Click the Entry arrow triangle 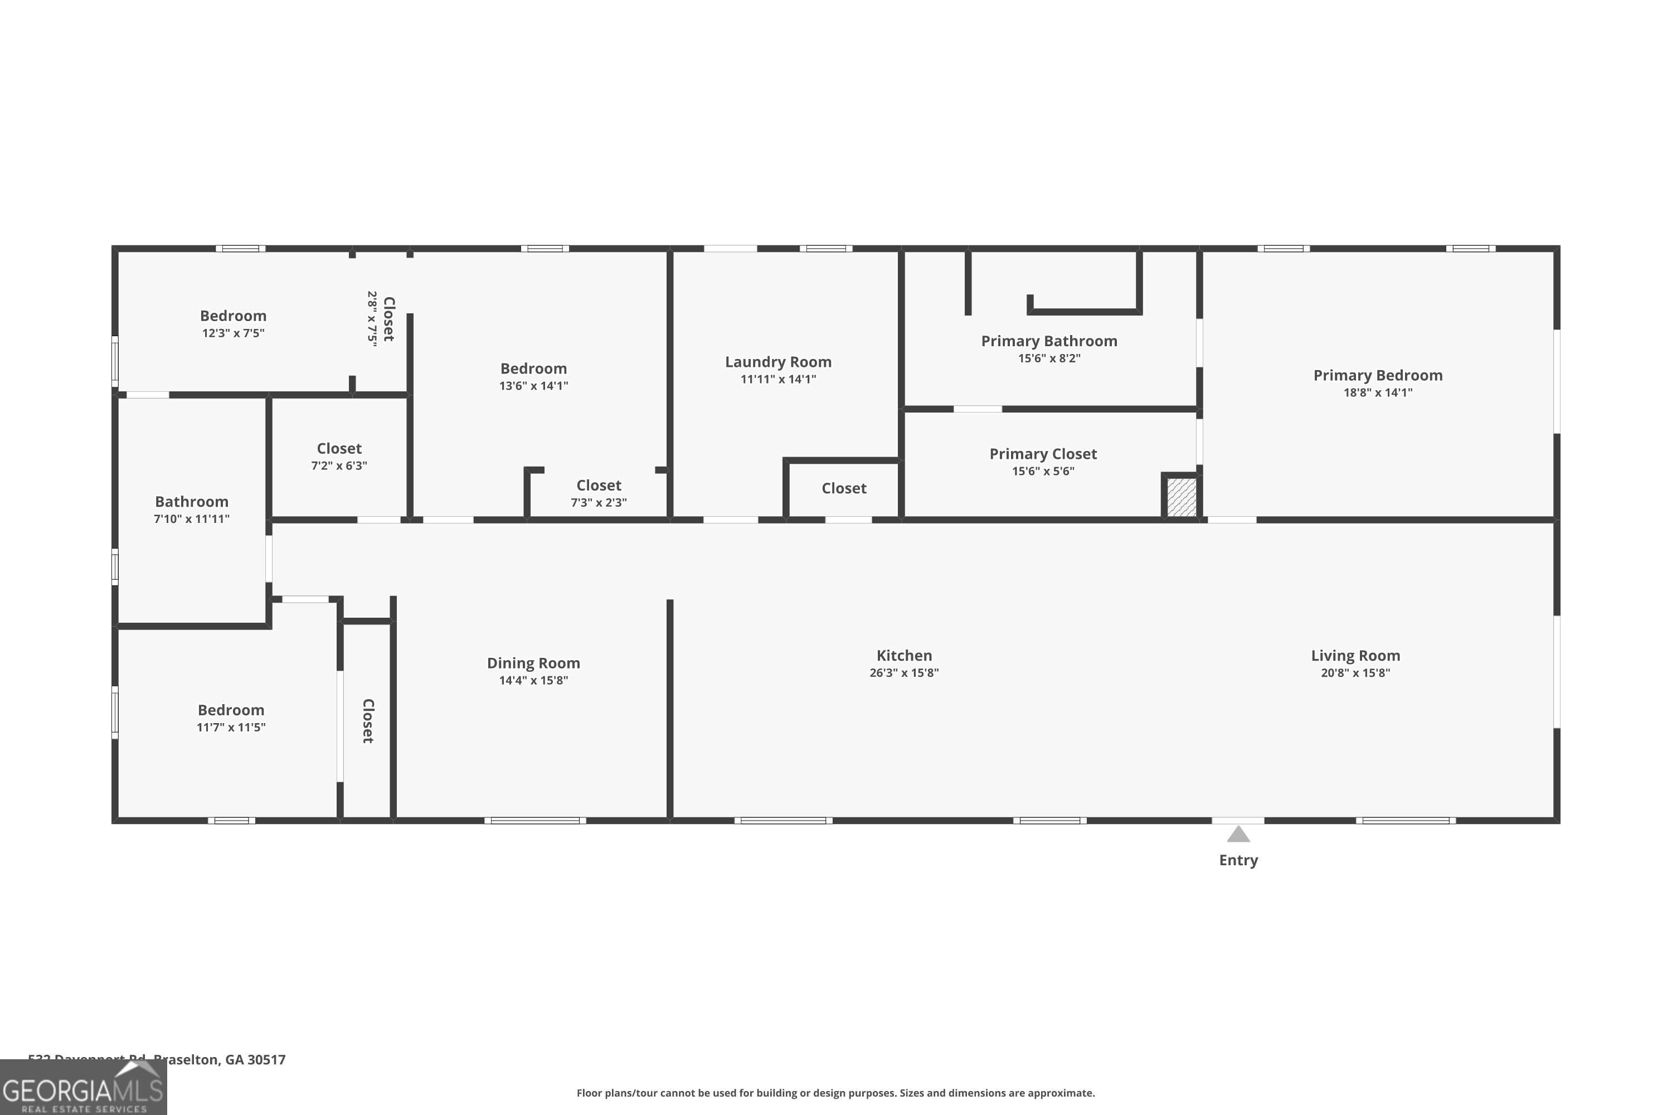click(1238, 834)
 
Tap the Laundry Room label click(777, 362)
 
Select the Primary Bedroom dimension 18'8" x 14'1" click(1377, 392)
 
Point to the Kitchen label click(903, 656)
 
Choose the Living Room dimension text click(1355, 673)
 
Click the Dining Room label click(533, 663)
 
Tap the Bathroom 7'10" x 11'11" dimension click(191, 519)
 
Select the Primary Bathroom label click(1048, 341)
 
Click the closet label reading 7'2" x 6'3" click(339, 449)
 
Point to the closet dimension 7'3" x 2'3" click(599, 503)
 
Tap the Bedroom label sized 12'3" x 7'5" click(233, 316)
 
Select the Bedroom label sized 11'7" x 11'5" click(231, 710)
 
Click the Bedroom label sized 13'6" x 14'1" click(533, 369)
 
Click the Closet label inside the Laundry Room click(844, 488)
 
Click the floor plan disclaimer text click(835, 1093)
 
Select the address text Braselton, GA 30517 click(220, 1060)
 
